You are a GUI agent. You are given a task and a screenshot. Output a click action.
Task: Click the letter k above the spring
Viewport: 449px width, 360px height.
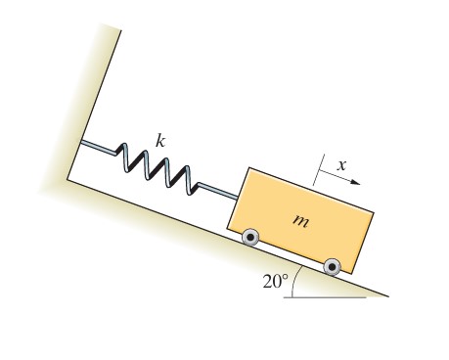click(160, 142)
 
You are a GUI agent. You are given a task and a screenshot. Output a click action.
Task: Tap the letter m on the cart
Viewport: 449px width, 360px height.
click(300, 221)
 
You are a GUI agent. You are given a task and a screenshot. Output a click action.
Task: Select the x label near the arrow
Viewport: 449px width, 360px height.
click(341, 165)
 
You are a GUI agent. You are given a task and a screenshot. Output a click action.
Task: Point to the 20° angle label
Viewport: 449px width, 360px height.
click(276, 281)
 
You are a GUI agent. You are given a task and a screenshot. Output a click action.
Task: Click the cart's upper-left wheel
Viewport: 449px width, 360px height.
click(250, 238)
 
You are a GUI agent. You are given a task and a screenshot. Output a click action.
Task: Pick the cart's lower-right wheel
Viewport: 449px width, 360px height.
click(332, 267)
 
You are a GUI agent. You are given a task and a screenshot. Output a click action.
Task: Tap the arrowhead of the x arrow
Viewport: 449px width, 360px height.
click(356, 182)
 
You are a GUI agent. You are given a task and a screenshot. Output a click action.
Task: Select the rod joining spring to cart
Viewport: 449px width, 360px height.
click(217, 192)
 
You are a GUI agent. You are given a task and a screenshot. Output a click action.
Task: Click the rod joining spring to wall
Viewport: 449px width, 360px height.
click(98, 147)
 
